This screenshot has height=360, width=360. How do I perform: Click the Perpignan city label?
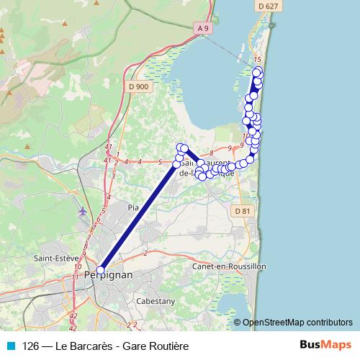point(108,276)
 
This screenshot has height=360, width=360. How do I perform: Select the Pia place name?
point(132,207)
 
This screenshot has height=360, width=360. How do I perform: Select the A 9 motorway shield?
point(204,29)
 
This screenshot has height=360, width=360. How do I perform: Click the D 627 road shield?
point(266,6)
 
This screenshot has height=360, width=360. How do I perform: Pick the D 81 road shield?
point(244,211)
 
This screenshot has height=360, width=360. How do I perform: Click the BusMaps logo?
point(325,346)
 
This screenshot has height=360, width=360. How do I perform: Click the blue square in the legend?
point(10,346)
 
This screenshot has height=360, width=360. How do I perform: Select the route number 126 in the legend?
point(30,346)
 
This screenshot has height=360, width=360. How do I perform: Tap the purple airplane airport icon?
point(82,211)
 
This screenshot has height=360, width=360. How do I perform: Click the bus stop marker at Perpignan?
point(101,270)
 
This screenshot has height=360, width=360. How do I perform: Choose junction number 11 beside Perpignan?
point(76,276)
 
